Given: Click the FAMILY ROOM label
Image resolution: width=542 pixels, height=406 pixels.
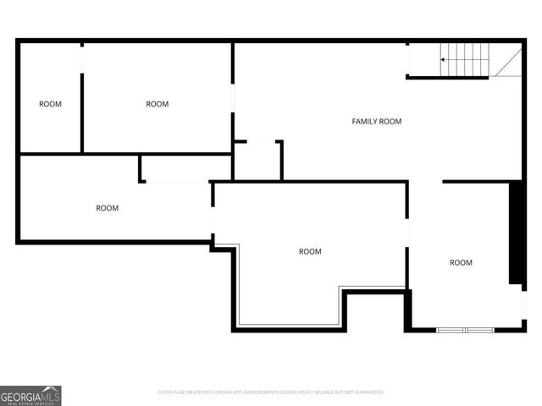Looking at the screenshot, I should point(376,122).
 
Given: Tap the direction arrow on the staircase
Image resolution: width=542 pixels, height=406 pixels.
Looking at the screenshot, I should point(443,60).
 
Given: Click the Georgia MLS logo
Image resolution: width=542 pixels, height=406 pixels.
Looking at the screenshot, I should point(30,395).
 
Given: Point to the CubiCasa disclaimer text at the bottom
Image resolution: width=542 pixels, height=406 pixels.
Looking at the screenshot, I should point(271,392).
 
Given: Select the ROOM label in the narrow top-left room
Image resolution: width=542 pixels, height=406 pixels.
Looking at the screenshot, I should point(50,104).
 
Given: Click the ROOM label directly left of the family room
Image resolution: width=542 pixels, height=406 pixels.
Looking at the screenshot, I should point(157,104).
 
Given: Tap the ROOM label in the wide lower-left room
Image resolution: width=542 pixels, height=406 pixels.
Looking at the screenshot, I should point(107,208).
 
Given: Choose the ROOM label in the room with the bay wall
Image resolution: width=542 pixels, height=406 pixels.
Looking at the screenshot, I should point(310,251).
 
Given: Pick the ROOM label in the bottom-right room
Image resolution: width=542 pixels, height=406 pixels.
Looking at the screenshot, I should point(461,262).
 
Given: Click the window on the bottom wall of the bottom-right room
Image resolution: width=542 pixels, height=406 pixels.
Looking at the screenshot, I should point(465,329).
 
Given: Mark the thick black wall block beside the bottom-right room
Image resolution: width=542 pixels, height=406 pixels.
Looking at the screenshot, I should point(514,233).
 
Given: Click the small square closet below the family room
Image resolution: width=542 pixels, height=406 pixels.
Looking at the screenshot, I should point(257,161).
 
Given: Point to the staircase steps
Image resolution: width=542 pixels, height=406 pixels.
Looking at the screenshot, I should point(466,60).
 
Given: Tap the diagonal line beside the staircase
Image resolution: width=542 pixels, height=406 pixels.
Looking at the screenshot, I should point(508,62).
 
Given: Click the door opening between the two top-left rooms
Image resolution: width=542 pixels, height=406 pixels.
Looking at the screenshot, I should point(82,58).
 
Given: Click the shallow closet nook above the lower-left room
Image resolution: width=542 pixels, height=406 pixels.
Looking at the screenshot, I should point(186,168).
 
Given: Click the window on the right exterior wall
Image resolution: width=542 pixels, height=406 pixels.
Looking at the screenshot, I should point(523,304).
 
